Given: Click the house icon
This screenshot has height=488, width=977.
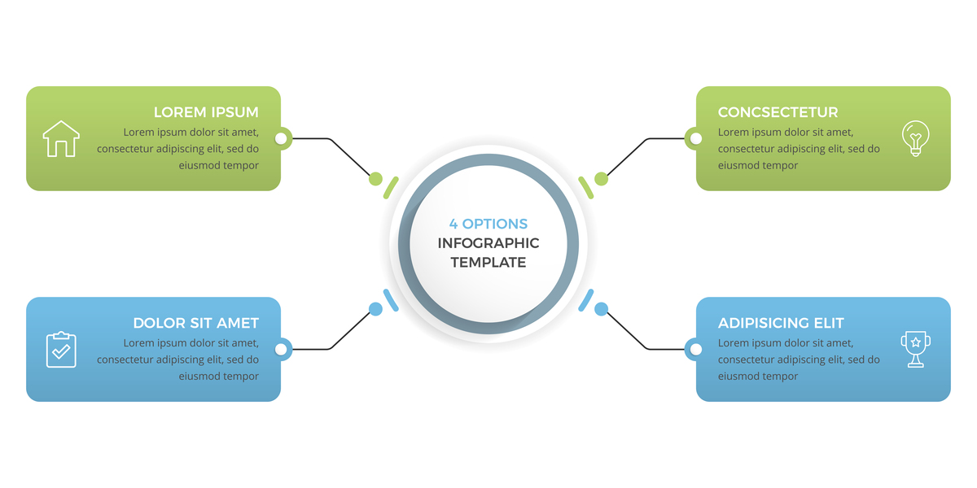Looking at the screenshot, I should [61, 138].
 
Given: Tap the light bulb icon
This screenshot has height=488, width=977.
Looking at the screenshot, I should [916, 138].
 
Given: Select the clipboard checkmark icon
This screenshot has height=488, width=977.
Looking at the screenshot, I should [61, 350].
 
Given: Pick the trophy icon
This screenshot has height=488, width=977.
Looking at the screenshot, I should [916, 350].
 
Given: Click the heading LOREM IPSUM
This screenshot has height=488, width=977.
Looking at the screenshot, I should [206, 112].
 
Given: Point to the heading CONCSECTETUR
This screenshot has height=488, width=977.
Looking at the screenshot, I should [778, 112].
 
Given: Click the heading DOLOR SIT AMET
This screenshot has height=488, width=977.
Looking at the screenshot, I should [196, 323].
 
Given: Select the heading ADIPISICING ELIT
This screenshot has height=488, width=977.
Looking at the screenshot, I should [781, 323].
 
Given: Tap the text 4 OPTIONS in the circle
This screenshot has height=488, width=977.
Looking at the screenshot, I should [488, 224].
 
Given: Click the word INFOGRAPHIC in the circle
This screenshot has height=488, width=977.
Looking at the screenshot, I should [488, 243].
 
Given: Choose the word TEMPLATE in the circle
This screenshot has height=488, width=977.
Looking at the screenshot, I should [488, 262].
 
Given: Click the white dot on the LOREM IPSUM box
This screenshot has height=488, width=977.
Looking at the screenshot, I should [282, 138].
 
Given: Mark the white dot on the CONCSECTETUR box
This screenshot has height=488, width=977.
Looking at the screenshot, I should [695, 138].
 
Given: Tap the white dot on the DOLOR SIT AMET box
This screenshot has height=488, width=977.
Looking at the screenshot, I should [282, 350].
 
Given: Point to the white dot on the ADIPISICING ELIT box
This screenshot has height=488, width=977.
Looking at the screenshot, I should [695, 350].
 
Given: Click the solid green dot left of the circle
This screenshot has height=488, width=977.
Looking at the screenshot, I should [375, 179].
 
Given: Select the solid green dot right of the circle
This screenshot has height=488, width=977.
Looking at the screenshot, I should [601, 179].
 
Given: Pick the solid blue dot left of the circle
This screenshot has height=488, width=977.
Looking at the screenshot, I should [375, 309].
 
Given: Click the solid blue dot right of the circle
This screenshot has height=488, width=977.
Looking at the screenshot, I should [601, 309].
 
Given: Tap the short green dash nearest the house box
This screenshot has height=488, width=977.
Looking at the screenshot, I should [392, 187].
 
